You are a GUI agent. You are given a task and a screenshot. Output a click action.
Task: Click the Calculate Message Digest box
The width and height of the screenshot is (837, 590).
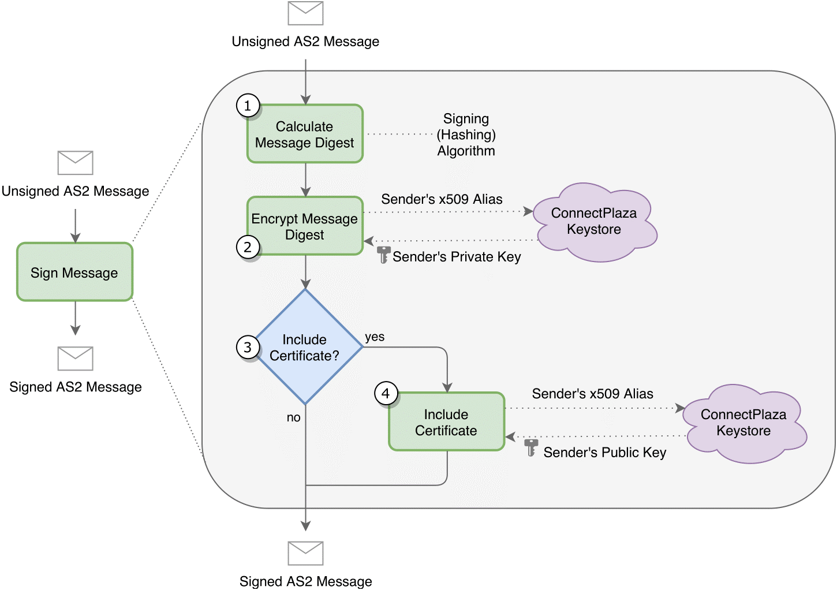[305, 134]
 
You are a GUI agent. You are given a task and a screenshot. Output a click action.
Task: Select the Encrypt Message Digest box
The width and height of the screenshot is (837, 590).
[305, 226]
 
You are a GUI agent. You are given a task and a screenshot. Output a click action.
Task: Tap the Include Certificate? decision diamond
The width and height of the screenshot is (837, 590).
[305, 347]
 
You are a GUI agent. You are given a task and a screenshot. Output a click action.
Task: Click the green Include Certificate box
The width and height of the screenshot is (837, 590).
[446, 422]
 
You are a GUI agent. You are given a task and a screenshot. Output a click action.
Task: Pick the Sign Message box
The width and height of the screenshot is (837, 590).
[74, 272]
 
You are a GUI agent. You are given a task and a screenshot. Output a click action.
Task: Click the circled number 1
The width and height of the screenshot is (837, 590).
[248, 106]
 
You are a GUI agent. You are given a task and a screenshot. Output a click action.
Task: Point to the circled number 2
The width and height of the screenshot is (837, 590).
[248, 247]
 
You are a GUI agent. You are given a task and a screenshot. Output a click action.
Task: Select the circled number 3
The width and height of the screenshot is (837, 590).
[248, 347]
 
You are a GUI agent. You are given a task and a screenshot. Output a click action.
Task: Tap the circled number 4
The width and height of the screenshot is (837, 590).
[386, 394]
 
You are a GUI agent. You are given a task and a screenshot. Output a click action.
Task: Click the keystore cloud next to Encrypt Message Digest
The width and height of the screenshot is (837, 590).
[595, 222]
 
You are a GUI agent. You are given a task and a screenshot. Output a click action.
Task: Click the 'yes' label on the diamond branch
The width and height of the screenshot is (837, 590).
[375, 337]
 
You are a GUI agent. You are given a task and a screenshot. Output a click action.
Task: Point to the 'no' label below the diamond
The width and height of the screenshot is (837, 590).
[293, 417]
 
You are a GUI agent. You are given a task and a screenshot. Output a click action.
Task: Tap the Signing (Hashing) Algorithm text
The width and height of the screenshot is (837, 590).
[466, 135]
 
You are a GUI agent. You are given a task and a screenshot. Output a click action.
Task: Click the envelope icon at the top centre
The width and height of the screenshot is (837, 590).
[305, 13]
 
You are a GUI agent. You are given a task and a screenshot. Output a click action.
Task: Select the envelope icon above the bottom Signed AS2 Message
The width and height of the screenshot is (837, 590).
[305, 553]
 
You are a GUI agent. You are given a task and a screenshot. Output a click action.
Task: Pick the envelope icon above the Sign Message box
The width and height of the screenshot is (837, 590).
[75, 163]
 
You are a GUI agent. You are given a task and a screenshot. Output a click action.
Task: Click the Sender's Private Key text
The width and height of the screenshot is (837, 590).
[457, 257]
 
